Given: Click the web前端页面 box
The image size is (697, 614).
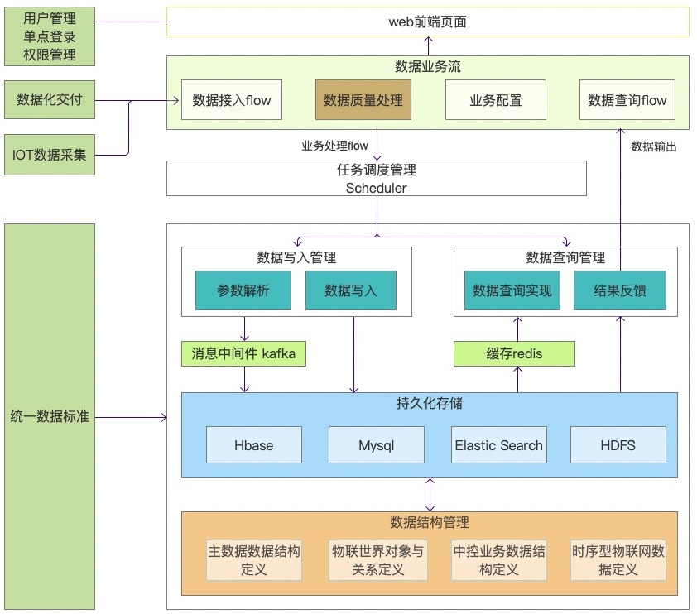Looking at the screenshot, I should [427, 22].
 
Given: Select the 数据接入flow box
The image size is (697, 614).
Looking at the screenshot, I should [231, 100].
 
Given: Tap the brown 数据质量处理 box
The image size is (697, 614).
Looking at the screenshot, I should [363, 100].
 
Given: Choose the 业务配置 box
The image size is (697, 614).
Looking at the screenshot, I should [495, 100].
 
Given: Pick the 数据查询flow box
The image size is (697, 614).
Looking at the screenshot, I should [627, 100].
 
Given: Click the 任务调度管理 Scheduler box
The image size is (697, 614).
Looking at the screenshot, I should [376, 179].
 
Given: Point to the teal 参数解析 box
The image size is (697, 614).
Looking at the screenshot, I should [243, 290].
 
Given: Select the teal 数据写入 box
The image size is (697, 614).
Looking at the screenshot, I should [350, 290].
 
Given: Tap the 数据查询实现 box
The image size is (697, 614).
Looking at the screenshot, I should [512, 290].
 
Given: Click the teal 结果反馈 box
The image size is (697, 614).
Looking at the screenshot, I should [619, 290].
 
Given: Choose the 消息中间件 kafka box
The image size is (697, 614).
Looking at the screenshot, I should [243, 354].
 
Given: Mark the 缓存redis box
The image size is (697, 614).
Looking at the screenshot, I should [514, 354].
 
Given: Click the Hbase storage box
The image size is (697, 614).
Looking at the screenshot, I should [253, 445].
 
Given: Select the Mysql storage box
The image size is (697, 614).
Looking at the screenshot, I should [376, 445].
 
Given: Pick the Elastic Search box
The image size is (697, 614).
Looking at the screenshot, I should [498, 445].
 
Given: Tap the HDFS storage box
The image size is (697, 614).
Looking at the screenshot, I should [618, 445].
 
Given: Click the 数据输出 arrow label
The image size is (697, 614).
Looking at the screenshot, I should [653, 146].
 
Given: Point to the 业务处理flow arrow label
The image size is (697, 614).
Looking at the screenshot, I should [334, 146].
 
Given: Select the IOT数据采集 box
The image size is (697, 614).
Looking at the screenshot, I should [49, 153].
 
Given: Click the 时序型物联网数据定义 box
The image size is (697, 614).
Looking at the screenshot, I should [618, 560].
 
